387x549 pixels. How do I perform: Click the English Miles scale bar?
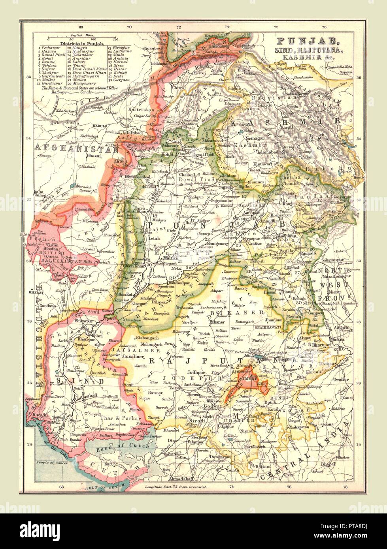81,39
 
